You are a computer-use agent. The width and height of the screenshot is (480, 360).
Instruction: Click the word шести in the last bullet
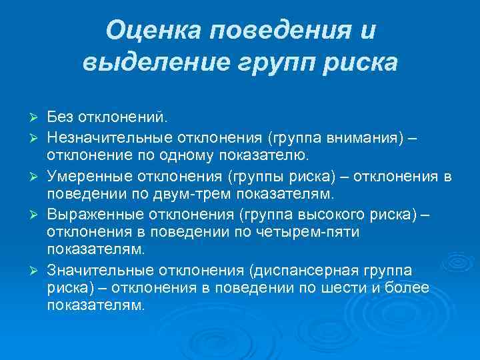(x=343, y=288)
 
